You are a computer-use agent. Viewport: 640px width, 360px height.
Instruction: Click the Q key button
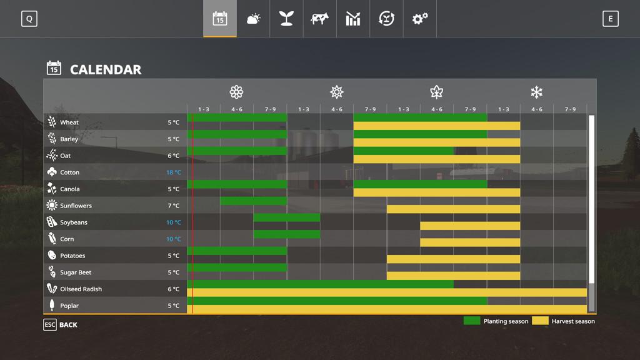29,19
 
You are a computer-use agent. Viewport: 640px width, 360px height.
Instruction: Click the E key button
610,19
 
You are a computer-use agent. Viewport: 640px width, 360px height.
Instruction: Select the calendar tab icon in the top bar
219,19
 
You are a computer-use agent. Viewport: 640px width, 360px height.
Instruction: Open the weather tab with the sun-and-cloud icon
253,19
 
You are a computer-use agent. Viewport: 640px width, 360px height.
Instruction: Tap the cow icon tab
319,19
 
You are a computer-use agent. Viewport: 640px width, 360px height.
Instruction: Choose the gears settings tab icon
419,19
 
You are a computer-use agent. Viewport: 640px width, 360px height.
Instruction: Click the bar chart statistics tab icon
353,19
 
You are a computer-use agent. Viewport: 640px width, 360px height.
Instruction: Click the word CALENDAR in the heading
106,69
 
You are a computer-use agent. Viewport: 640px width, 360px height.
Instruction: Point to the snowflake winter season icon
536,92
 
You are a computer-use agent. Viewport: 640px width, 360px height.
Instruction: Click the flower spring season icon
236,92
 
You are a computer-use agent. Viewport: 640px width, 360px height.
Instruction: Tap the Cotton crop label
69,172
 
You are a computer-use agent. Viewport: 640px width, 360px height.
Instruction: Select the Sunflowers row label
76,206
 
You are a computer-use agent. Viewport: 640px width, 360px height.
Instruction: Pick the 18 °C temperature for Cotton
174,172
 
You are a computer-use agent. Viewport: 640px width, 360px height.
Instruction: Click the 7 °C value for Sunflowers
174,206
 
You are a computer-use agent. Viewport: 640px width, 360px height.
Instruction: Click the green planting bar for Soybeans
286,217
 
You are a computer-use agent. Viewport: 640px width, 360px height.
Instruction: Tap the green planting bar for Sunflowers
253,201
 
